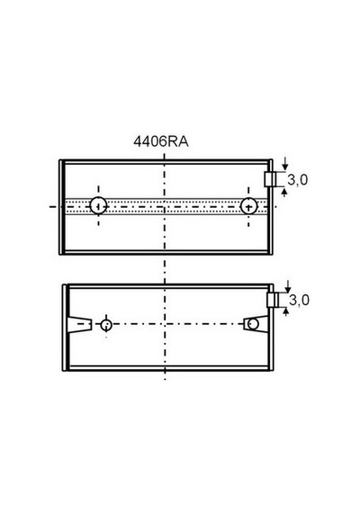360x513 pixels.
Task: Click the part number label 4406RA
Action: (x=161, y=141)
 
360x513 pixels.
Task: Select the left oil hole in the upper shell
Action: (x=98, y=206)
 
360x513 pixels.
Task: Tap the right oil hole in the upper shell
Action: (x=248, y=206)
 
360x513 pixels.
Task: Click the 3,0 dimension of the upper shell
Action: (x=298, y=180)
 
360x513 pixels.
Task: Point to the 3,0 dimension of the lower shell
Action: (x=299, y=300)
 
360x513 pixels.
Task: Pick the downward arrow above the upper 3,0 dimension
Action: (x=285, y=164)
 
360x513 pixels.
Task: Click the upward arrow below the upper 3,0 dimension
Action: (x=284, y=192)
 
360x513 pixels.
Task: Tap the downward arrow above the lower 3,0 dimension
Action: (x=288, y=286)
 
